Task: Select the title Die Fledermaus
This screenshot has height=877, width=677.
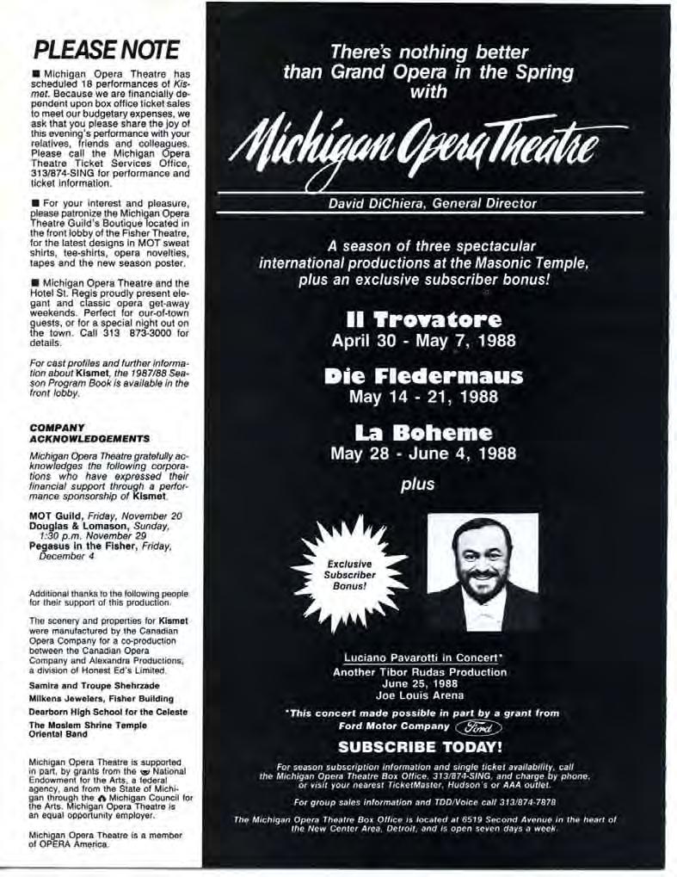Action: point(423,377)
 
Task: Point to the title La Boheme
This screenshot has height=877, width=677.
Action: point(423,432)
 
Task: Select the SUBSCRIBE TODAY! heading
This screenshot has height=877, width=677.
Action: point(421,747)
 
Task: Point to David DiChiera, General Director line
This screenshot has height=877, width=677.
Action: point(433,204)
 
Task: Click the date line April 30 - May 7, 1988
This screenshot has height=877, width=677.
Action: point(423,341)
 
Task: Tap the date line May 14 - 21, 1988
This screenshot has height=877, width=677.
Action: point(423,397)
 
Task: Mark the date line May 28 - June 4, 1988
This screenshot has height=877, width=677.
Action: point(423,454)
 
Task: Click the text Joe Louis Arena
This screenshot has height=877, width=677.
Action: point(420,695)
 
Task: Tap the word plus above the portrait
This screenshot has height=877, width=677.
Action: point(418,485)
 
